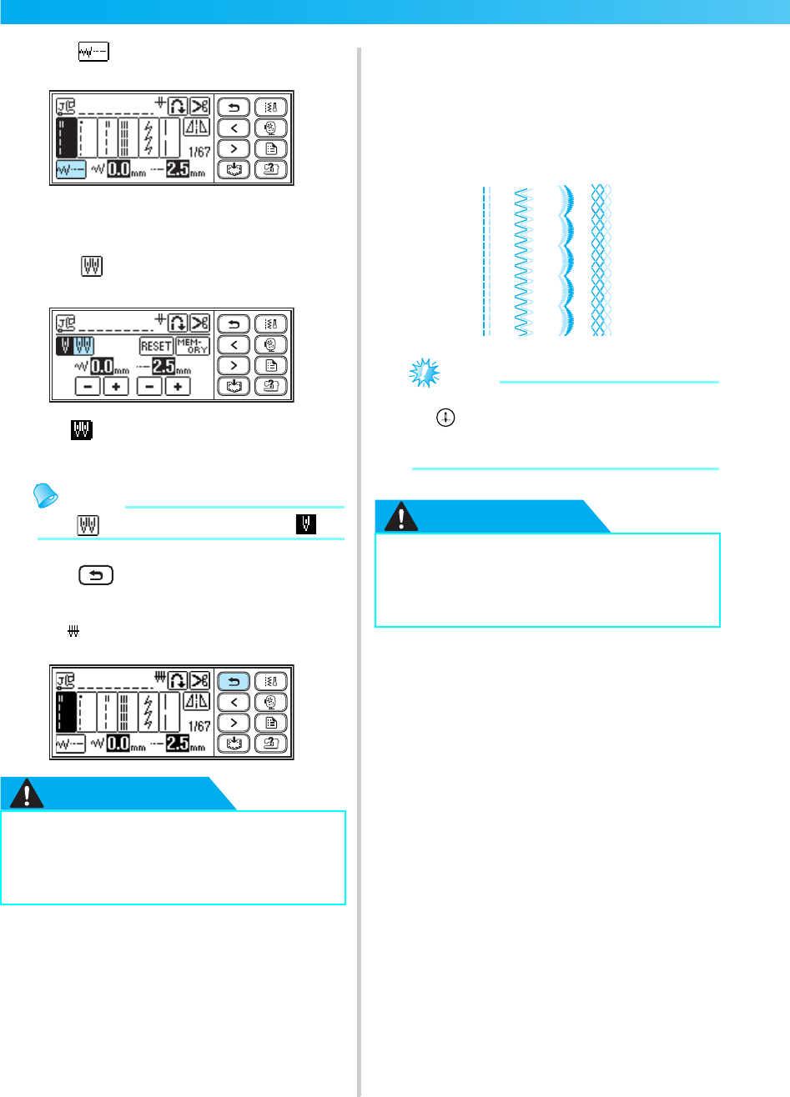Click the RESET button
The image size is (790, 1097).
tap(156, 347)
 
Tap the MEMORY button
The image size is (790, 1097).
tap(193, 347)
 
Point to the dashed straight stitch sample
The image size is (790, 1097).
tap(484, 261)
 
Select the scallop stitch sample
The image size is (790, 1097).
tap(566, 261)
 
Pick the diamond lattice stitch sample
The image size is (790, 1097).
tap(601, 261)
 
